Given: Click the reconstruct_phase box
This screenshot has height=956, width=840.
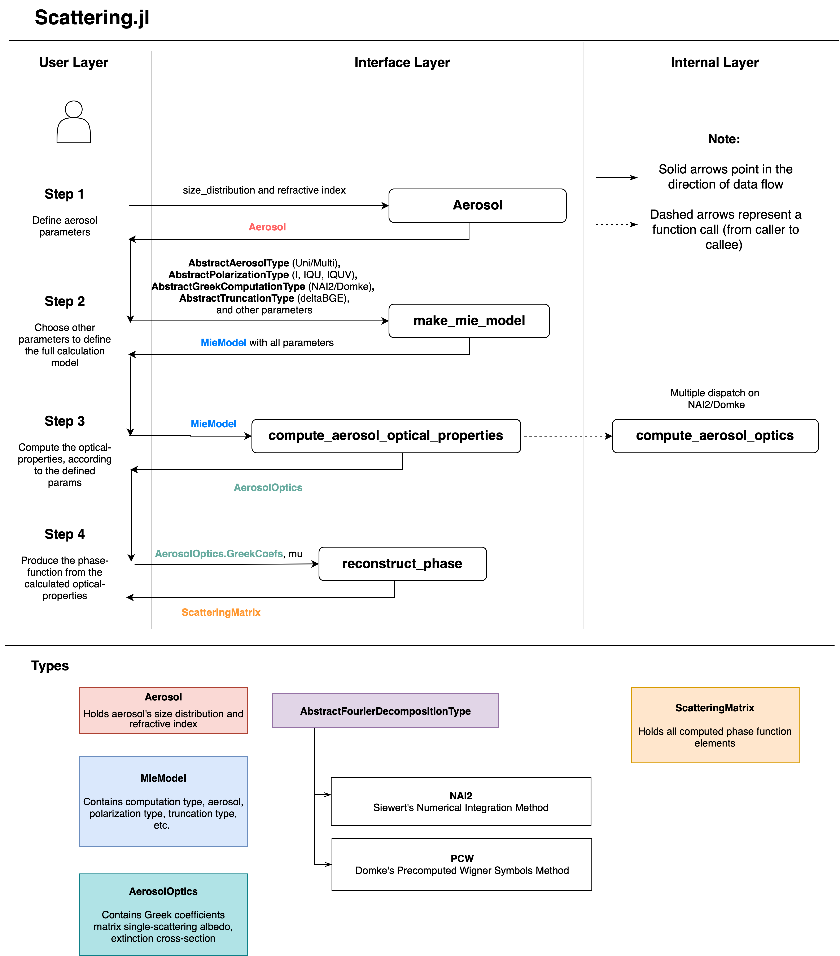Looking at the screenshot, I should [x=402, y=564].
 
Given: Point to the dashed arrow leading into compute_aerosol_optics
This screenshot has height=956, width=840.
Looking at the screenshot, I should [x=566, y=436].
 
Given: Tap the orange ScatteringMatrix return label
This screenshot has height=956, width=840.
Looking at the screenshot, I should [x=221, y=612].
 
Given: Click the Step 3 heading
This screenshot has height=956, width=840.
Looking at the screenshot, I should [x=65, y=421].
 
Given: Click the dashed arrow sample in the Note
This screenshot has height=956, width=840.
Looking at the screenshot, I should [x=616, y=225].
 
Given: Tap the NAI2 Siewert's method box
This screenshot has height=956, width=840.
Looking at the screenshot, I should [x=460, y=802].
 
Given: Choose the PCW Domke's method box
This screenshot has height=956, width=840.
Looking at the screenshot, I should [x=461, y=864].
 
